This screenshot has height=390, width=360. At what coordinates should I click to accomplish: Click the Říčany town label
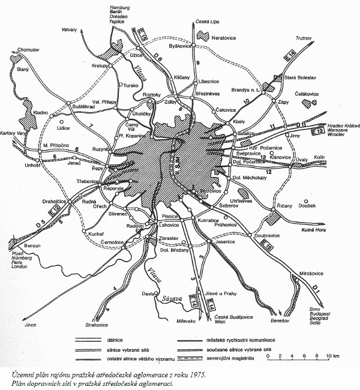pyautogui.click(x=284, y=206)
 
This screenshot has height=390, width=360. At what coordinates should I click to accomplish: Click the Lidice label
pyautogui.click(x=62, y=128)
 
